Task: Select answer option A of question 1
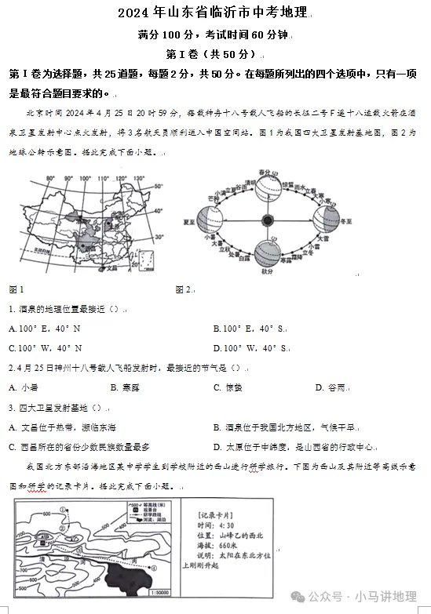[45, 328]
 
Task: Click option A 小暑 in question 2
[24, 387]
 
